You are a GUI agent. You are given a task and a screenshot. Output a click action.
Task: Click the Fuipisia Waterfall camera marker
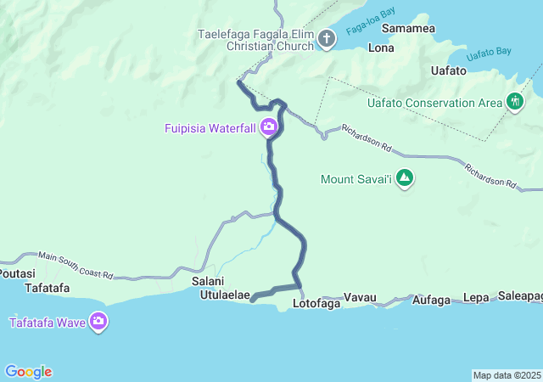pyautogui.click(x=269, y=128)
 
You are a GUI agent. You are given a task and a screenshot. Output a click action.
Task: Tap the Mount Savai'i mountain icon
pyautogui.click(x=405, y=179)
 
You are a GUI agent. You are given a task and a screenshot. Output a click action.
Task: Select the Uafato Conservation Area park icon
pyautogui.click(x=514, y=103)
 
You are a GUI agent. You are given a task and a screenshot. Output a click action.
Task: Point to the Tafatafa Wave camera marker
pyautogui.click(x=98, y=322)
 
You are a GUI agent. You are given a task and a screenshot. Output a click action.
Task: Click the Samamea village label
pyautogui.click(x=408, y=28)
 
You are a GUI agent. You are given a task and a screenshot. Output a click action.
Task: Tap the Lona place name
pyautogui.click(x=380, y=48)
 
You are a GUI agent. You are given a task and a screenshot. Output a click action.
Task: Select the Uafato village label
pyautogui.click(x=449, y=70)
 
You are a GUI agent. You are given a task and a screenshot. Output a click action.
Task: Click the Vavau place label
pyautogui.click(x=360, y=299)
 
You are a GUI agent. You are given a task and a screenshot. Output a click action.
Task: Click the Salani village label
pyautogui.click(x=208, y=282)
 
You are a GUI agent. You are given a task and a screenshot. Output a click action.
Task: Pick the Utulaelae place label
pyautogui.click(x=225, y=295)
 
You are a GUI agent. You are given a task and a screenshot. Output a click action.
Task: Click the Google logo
pyautogui.click(x=28, y=372)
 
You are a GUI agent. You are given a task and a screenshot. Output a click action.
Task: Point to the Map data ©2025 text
pyautogui.click(x=507, y=375)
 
